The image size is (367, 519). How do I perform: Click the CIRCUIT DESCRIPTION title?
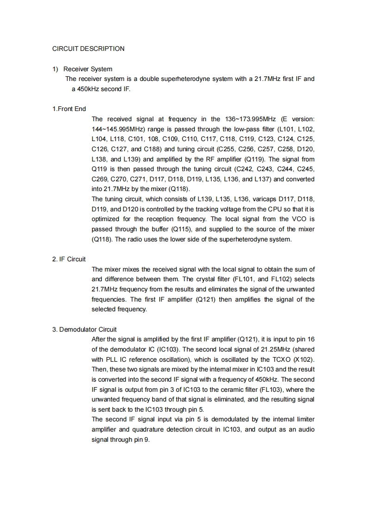[x=88, y=49]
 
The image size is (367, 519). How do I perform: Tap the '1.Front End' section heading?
[x=69, y=109]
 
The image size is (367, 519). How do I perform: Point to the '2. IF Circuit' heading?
[x=69, y=259]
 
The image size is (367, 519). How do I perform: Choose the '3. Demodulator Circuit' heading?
[x=84, y=329]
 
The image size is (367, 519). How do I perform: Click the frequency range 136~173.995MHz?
[x=248, y=119]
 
